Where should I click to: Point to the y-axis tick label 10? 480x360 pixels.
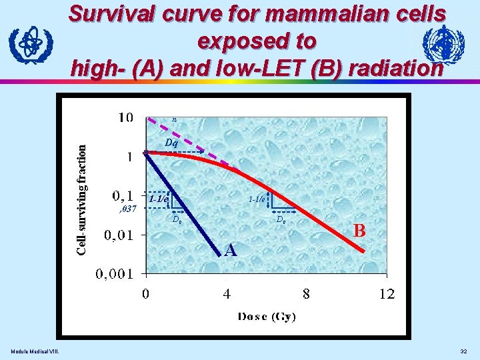pos(126,118)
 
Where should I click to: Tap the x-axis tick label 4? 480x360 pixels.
pos(227,294)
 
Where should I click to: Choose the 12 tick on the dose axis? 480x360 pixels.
pos(387,294)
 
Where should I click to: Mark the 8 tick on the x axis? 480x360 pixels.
pos(306,294)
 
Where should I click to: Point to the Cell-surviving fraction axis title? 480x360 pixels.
pos(80,200)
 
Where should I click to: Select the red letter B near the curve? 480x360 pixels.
pos(360,231)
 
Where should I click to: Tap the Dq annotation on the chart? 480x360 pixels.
pos(171,143)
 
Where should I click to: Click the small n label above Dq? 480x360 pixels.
pos(174,119)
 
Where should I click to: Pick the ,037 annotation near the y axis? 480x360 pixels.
pos(127,209)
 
